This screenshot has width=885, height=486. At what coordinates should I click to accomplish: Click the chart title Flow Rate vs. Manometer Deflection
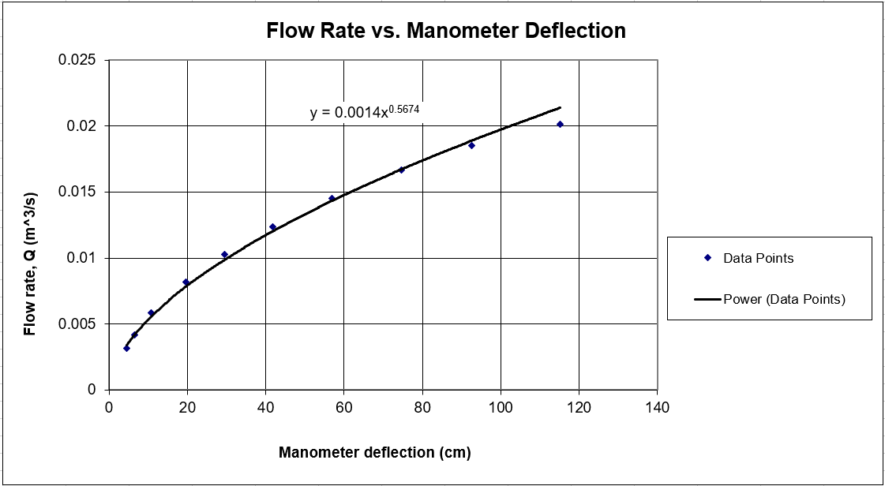(x=446, y=31)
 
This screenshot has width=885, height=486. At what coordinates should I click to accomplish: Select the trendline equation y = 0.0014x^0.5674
(x=366, y=112)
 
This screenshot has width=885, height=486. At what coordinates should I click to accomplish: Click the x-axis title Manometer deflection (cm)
(x=374, y=453)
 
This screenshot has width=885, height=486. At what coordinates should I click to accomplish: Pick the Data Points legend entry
(x=758, y=258)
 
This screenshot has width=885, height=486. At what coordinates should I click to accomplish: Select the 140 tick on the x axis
(x=657, y=408)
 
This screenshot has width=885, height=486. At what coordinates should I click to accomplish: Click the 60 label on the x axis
(x=343, y=408)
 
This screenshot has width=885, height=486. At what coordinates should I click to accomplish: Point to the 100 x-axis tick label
(x=501, y=408)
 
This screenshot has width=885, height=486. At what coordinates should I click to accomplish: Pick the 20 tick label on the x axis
(x=187, y=408)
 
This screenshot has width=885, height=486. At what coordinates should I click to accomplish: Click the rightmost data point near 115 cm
(x=560, y=124)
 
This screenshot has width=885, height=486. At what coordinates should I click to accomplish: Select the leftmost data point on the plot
(x=126, y=348)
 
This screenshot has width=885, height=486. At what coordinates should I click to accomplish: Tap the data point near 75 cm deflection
(x=401, y=170)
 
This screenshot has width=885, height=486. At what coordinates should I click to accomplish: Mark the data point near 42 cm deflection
(x=272, y=226)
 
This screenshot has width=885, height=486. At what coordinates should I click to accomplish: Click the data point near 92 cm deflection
(x=471, y=145)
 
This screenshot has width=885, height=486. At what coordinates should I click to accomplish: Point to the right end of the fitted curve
(x=560, y=107)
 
